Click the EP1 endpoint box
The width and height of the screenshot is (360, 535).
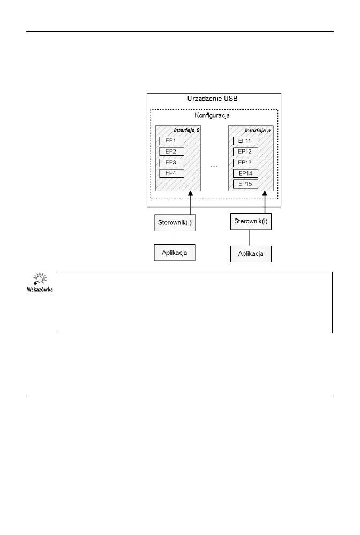[x=171, y=141]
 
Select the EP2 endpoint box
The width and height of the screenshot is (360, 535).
[x=171, y=152]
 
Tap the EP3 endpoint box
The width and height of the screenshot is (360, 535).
[x=171, y=162]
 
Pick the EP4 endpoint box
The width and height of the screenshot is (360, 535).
[x=171, y=173]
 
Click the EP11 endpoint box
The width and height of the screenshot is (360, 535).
[x=245, y=141]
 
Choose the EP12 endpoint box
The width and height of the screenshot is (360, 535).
[x=245, y=152]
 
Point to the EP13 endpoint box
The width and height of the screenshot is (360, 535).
[x=245, y=163]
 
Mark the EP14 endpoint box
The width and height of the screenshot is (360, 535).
[x=245, y=174]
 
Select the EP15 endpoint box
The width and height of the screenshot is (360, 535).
[x=245, y=184]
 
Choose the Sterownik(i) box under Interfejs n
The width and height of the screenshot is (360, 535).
[x=251, y=220]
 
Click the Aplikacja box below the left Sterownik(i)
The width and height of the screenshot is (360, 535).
[x=175, y=252]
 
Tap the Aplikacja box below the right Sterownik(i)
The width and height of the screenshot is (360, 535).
[x=251, y=253]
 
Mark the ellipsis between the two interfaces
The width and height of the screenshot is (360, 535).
[x=214, y=167]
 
